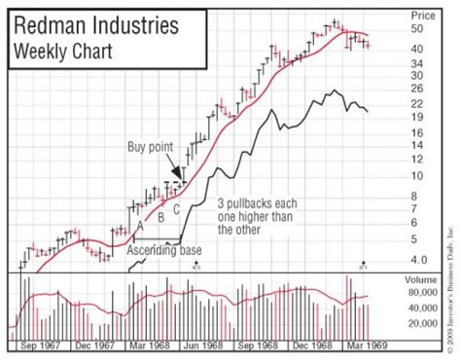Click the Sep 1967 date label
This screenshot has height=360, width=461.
(42, 344)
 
